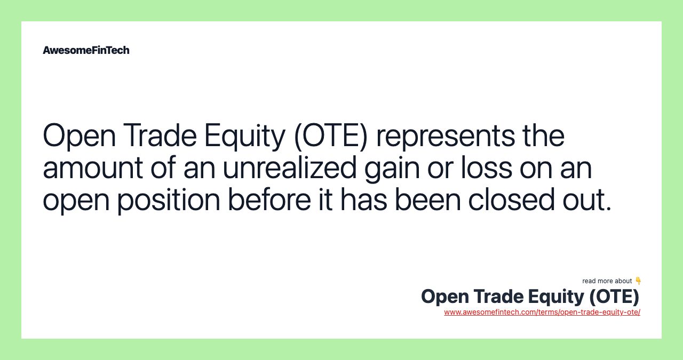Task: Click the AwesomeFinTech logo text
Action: [86, 50]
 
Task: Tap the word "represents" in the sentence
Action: [446, 137]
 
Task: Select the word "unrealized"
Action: [290, 167]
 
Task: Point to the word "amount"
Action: [93, 168]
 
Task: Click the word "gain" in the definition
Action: [392, 169]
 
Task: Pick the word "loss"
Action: [487, 167]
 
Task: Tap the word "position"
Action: [169, 201]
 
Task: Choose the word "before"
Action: [269, 199]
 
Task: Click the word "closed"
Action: [511, 199]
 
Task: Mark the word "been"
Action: [427, 199]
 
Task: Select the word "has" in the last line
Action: [364, 199]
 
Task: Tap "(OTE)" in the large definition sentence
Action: [331, 137]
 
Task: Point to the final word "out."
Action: [587, 200]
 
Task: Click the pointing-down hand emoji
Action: [638, 281]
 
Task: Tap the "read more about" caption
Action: [607, 281]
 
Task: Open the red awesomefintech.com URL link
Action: [542, 312]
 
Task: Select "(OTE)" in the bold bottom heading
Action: [614, 297]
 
